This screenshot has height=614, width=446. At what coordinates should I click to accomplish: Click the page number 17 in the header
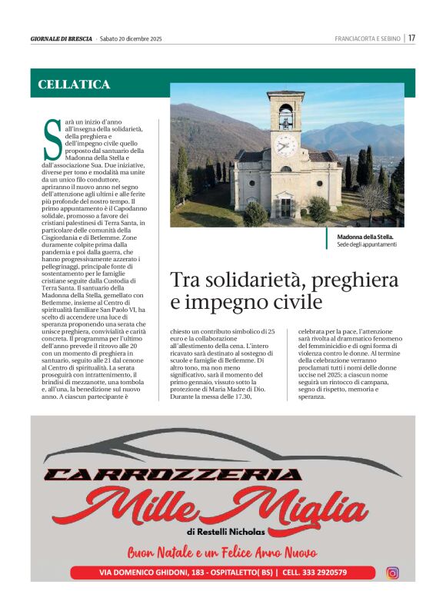tap(411, 38)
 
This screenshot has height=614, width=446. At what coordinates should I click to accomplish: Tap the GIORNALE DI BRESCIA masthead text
tap(61, 38)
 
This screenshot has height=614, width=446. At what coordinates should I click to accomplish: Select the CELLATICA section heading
tap(74, 85)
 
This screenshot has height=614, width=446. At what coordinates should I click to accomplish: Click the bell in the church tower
tap(286, 118)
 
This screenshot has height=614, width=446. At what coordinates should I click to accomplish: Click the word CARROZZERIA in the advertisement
tap(173, 475)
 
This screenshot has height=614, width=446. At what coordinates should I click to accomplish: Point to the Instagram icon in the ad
tap(392, 573)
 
